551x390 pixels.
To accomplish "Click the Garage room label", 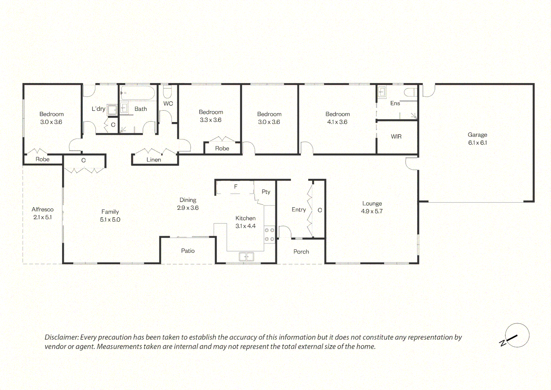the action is [x=477, y=135].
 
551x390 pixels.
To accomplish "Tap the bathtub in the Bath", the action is [x=138, y=93].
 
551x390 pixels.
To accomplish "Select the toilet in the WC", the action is [x=168, y=91].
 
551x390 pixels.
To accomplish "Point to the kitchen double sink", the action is [x=246, y=256].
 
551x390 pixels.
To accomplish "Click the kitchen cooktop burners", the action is [x=269, y=235].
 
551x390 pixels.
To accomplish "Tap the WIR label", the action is [x=396, y=136].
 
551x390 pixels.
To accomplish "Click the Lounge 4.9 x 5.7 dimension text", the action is [x=372, y=211].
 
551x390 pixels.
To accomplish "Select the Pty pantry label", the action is [x=266, y=192].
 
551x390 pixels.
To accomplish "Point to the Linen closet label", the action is [x=154, y=160].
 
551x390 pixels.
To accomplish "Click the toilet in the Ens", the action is [x=410, y=92].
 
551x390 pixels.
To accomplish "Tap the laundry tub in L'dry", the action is [x=112, y=110].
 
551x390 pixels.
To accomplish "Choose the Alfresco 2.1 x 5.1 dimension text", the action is [x=43, y=217].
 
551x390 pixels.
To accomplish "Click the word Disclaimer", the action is [x=62, y=337].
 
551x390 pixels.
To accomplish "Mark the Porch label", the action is [x=301, y=252].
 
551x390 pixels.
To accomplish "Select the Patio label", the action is [x=188, y=251].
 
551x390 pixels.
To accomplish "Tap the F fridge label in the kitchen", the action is [x=235, y=186].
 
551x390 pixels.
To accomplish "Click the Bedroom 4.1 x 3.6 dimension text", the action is [x=337, y=122].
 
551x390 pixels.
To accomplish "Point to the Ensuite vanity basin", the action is [x=382, y=92].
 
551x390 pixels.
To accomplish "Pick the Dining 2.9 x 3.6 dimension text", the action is [x=188, y=208].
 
